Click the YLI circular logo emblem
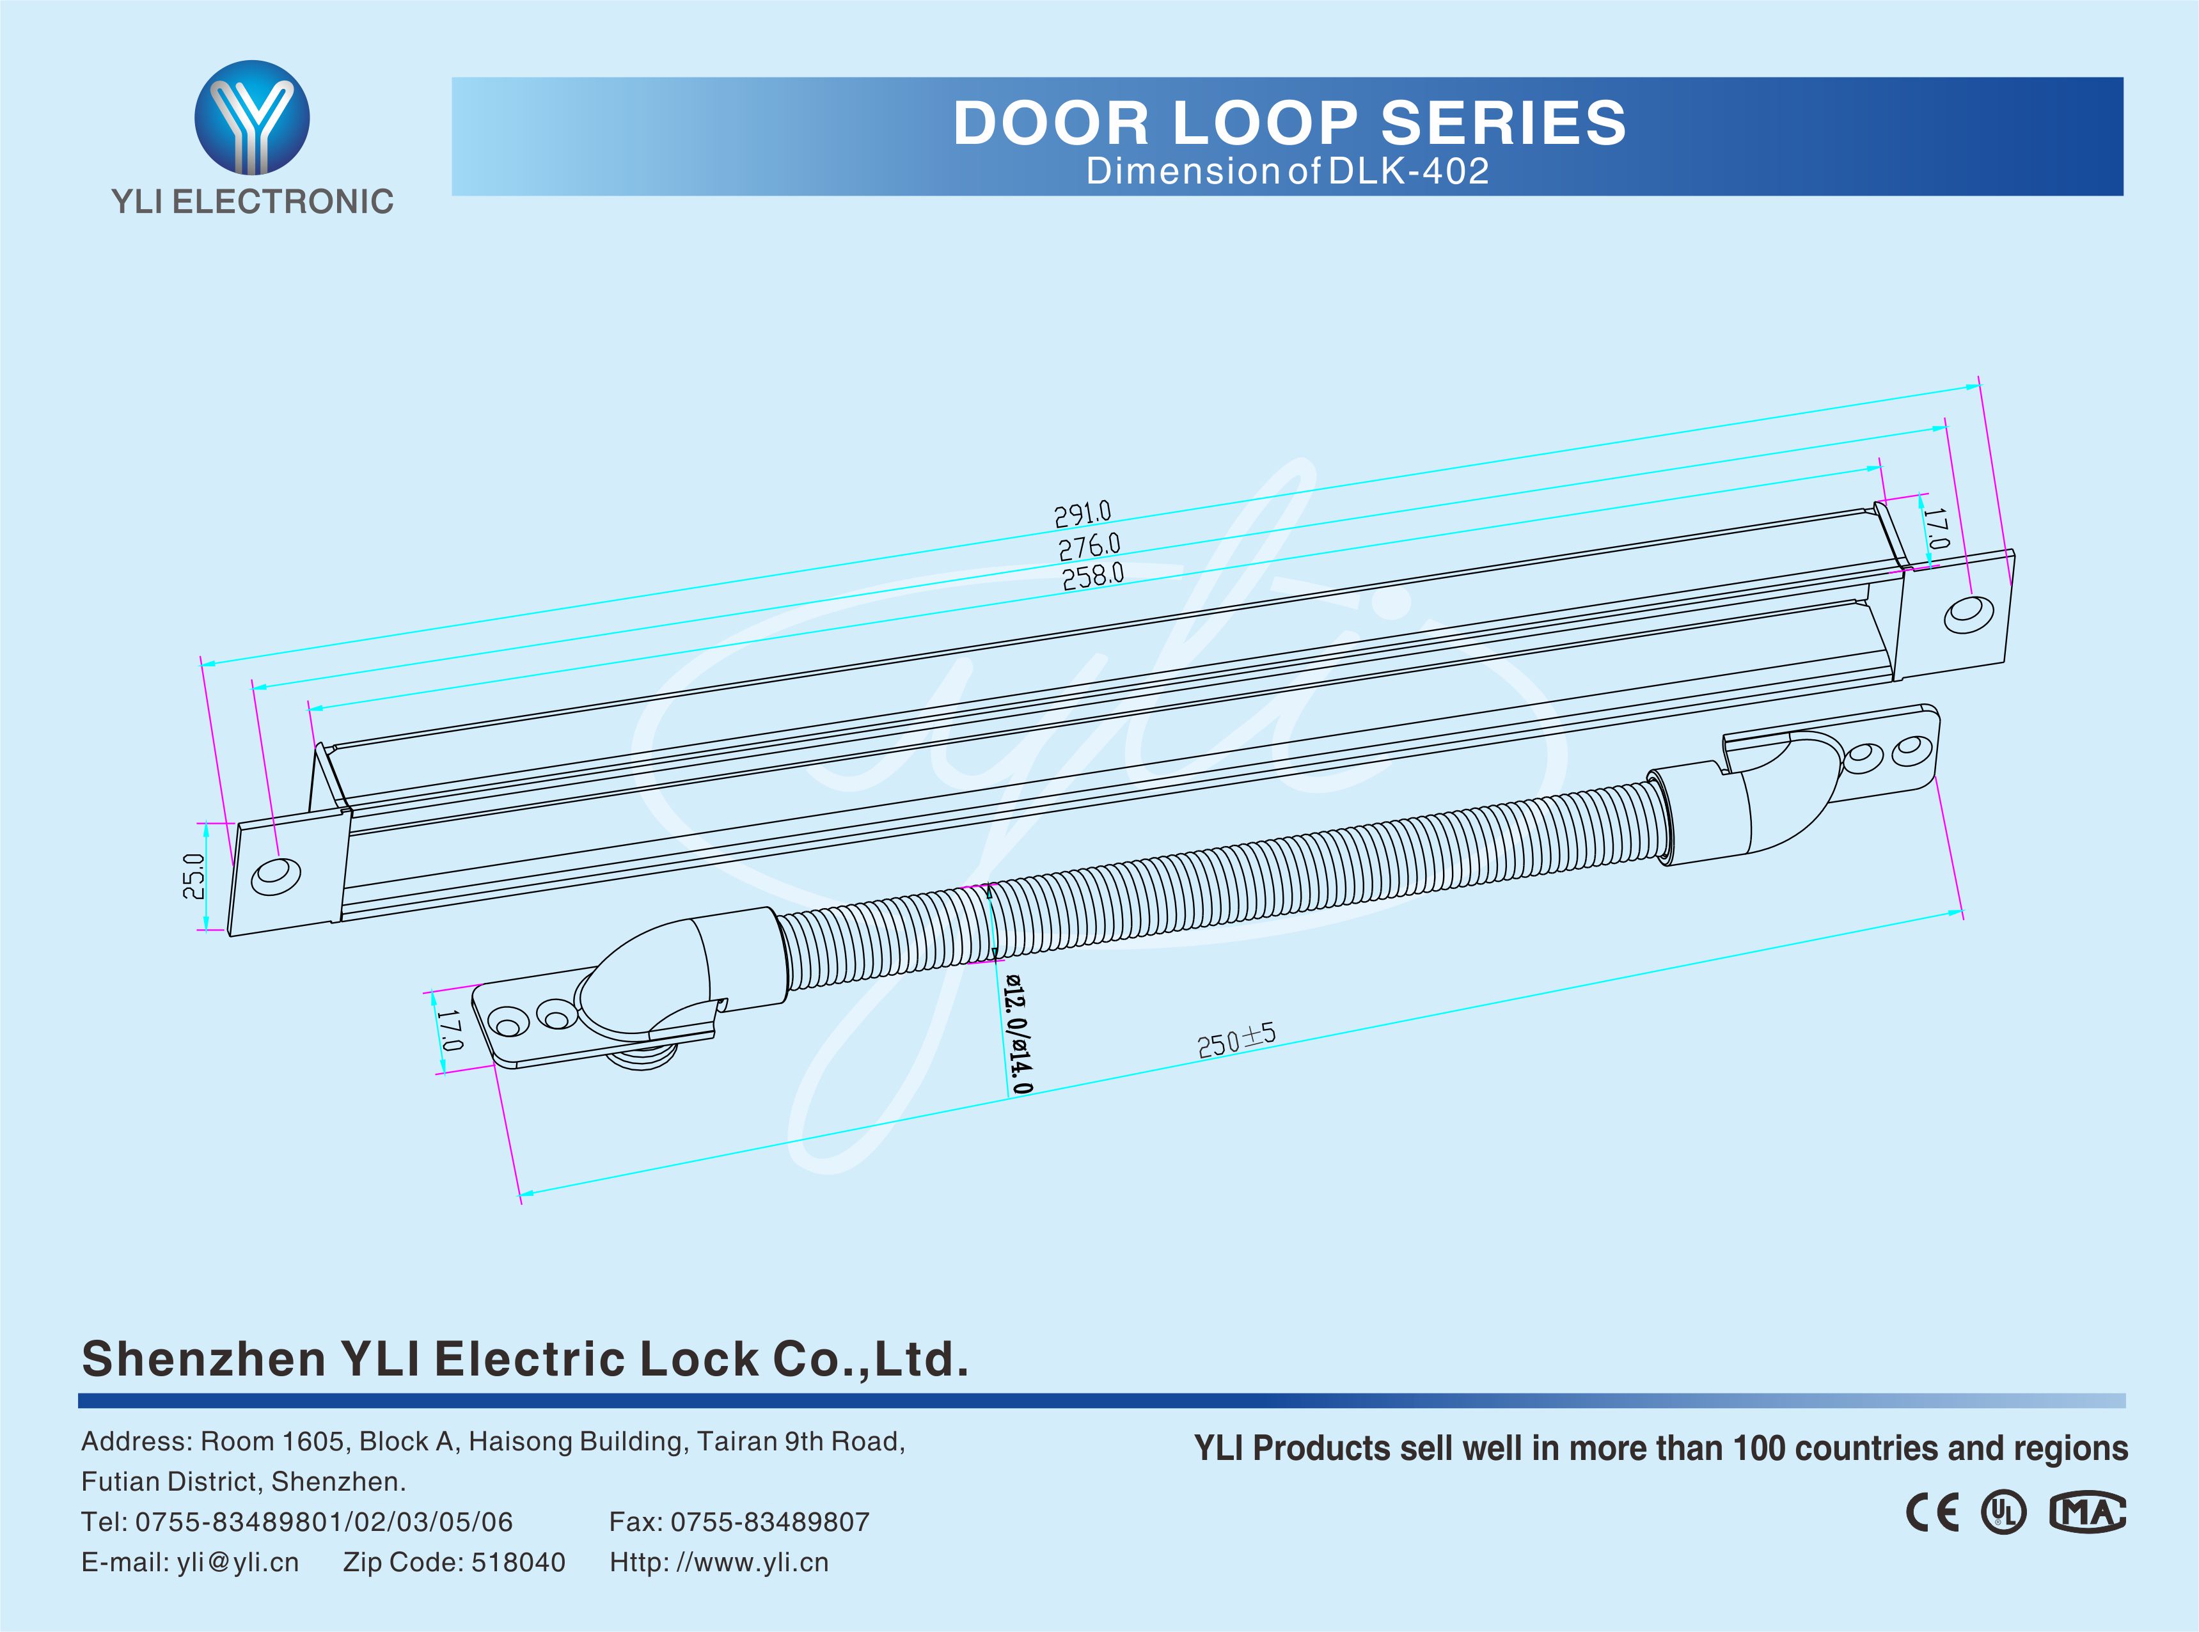point(252,118)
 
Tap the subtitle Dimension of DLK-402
point(1287,171)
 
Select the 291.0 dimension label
point(1083,514)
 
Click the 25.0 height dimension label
point(194,876)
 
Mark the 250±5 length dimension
point(1236,1041)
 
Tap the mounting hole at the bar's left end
point(276,876)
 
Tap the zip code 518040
point(519,1562)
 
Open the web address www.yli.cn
point(760,1562)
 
